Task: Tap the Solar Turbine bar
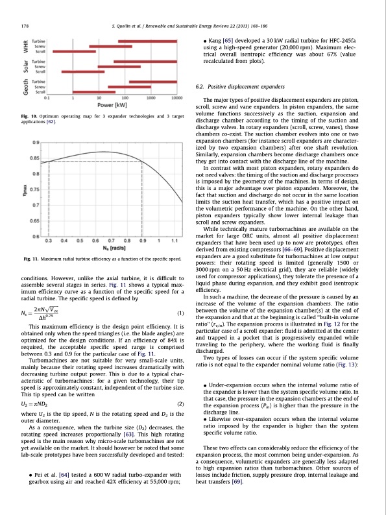[x=144, y=62]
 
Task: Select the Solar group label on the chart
[x=27, y=67]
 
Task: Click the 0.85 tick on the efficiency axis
[x=36, y=158]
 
